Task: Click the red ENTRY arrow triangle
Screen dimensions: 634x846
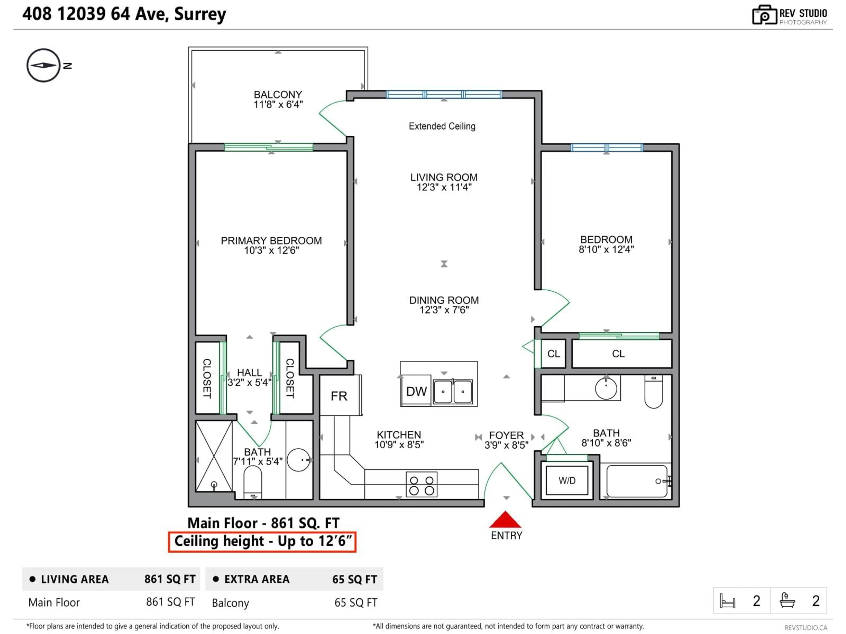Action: tap(505, 520)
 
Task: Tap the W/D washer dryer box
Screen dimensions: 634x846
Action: tap(567, 480)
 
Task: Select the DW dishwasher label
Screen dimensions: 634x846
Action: tap(416, 391)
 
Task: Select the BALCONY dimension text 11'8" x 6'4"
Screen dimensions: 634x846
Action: tap(278, 104)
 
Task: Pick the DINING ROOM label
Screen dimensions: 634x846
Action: tap(444, 300)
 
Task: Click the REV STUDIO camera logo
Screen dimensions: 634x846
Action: tap(764, 15)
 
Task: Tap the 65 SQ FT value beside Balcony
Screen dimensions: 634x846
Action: tap(356, 603)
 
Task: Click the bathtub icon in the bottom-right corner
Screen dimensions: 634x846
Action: tap(787, 600)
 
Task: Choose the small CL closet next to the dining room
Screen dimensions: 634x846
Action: tap(553, 354)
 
